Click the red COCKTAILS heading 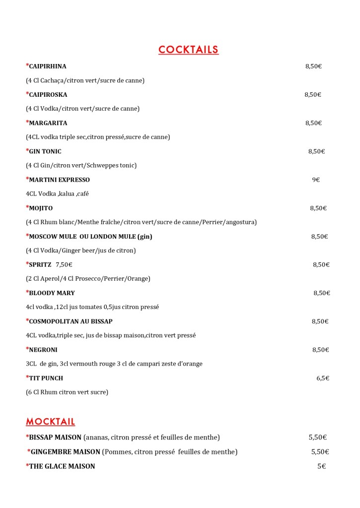point(188,50)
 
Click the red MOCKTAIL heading point(50,422)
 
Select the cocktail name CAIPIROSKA point(48,95)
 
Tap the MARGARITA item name point(48,123)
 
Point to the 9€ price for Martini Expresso point(316,180)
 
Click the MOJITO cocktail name point(41,208)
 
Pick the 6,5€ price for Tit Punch point(323,378)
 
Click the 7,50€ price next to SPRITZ point(64,265)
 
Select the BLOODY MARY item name point(52,293)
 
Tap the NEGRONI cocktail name point(43,350)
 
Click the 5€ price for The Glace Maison point(321,466)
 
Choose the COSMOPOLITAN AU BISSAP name point(71,321)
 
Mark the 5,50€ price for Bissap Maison point(317,438)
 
